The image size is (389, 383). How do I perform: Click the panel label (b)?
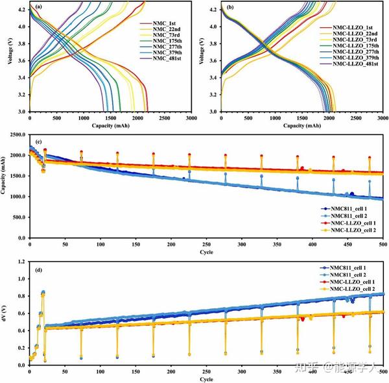click(x=231, y=8)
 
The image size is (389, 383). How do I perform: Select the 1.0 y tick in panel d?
click(x=21, y=278)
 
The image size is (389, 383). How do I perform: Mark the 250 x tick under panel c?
click(x=171, y=247)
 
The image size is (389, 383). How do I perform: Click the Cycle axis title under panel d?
click(x=206, y=378)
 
